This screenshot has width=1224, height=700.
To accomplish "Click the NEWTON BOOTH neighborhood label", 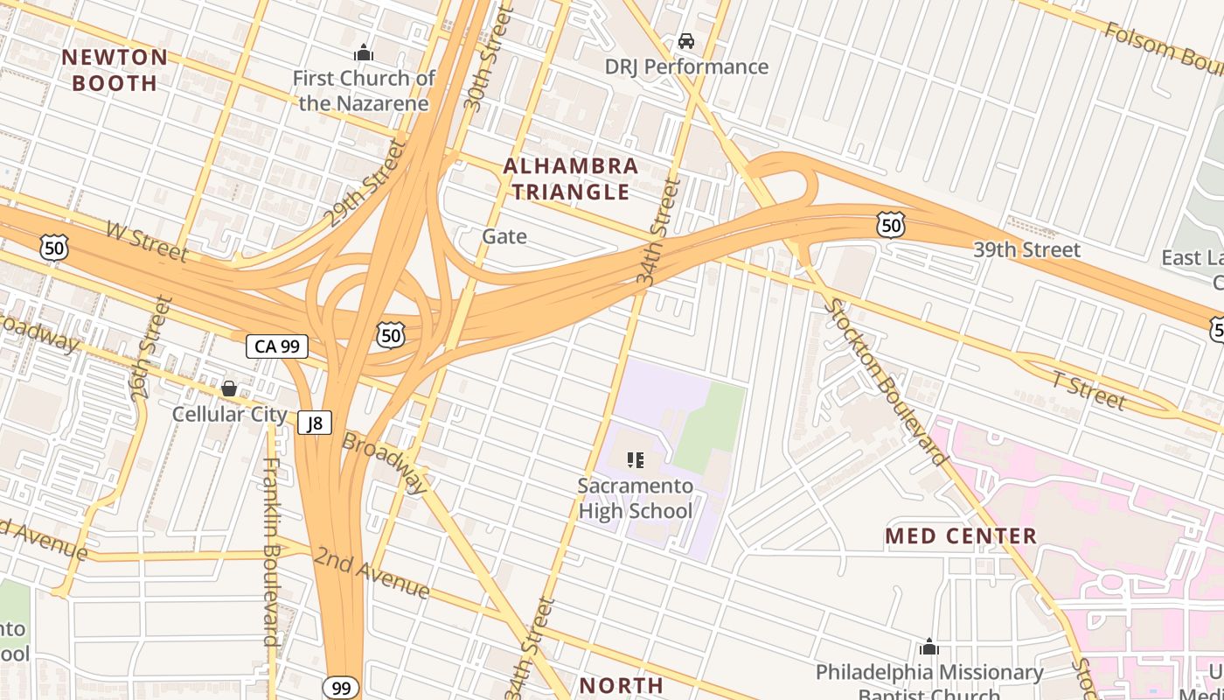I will pos(115,70).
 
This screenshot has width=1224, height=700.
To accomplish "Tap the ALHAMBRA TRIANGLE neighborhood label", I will pos(570,178).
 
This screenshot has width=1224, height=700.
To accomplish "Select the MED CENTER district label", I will pos(961,535).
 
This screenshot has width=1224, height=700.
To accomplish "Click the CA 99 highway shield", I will pos(276,346).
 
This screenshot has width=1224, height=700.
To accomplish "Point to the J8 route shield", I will pos(315,423).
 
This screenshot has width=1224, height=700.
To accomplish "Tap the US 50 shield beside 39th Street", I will pos(890,226).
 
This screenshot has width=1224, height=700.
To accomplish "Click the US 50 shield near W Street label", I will pos(54,248).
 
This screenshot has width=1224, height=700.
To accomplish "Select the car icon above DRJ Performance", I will pos(686,41).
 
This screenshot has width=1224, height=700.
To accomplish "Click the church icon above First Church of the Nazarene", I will pos(364,53).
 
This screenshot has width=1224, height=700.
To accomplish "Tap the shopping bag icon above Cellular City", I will pos(229,388).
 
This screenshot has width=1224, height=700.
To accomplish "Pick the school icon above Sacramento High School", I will pos(636,459).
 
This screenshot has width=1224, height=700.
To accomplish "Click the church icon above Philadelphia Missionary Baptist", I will pos(928,647).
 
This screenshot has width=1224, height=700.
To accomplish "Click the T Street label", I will pos(1088,390).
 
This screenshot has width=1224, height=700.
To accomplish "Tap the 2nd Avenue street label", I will pos(372,573).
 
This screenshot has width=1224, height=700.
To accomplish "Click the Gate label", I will pos(504,236).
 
